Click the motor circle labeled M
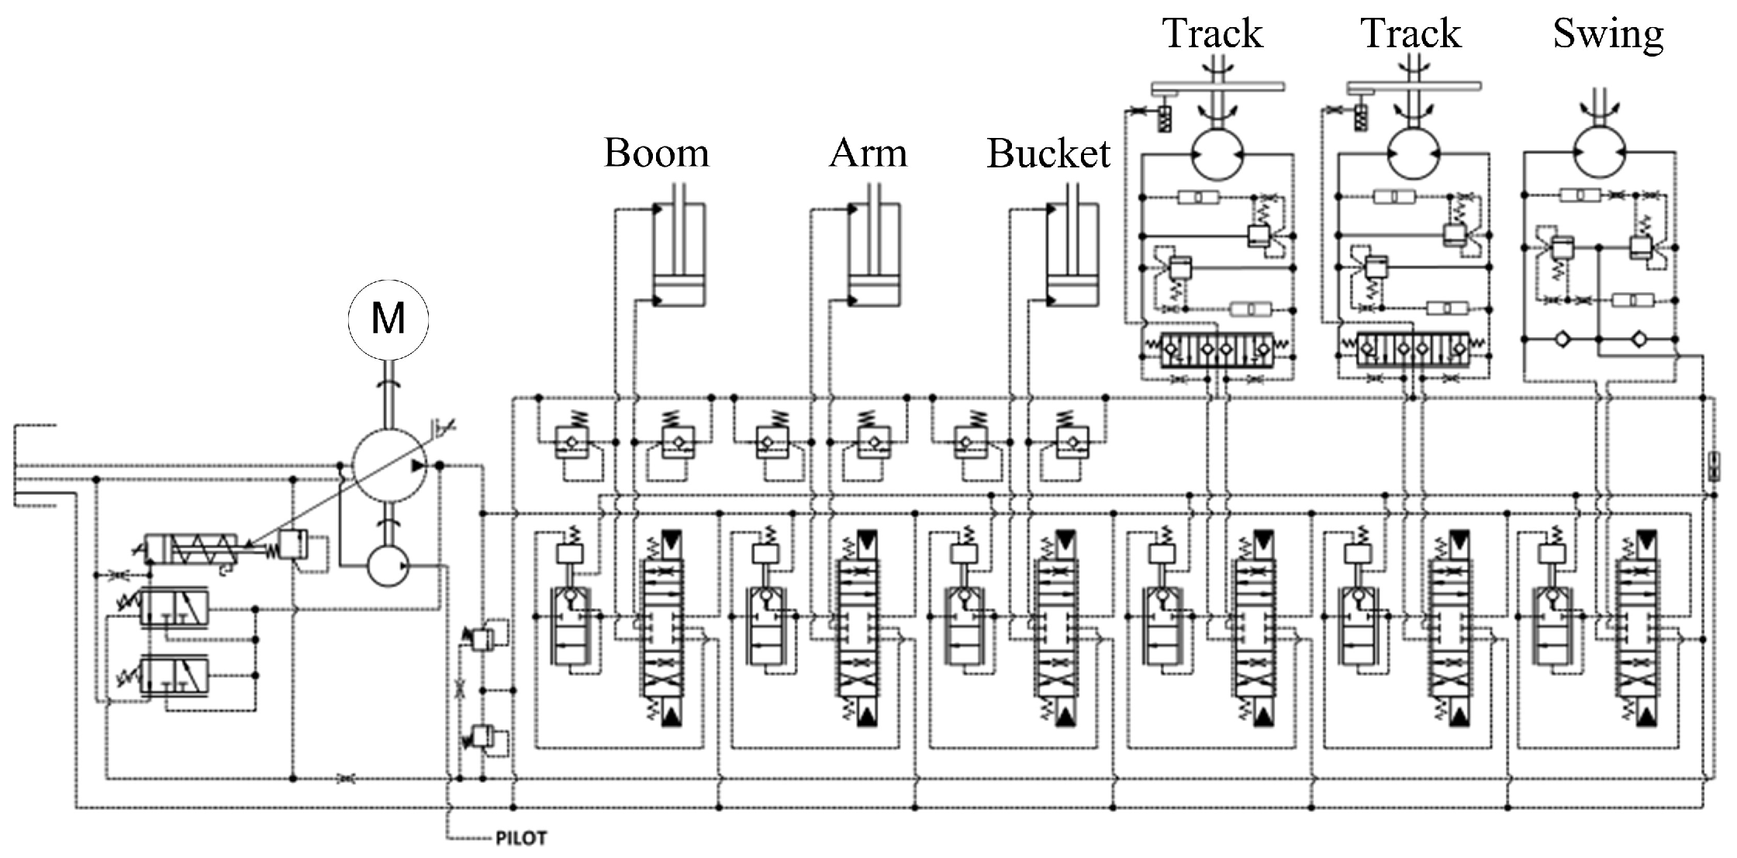pos(388,319)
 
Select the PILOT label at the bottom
pos(520,839)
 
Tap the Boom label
pos(656,153)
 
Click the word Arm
pos(868,153)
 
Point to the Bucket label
pos(1048,153)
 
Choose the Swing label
pos(1608,35)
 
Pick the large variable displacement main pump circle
pos(388,465)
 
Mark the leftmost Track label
pos(1212,35)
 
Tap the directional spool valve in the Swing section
pos(1636,628)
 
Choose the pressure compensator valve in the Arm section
pos(766,628)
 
